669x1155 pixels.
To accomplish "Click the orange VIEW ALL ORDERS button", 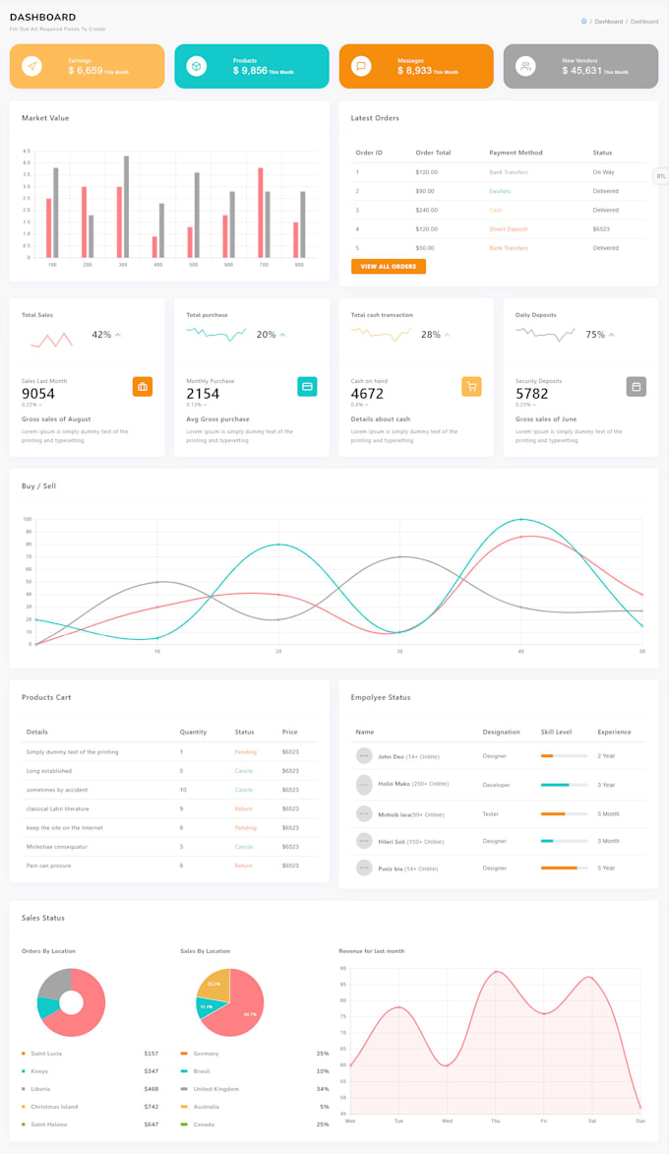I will [x=388, y=266].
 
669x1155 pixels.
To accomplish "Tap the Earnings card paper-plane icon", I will [x=31, y=66].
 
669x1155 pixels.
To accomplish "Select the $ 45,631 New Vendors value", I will [x=581, y=71].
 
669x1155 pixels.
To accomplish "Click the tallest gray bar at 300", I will [x=126, y=206].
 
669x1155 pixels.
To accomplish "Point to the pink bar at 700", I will [x=260, y=212].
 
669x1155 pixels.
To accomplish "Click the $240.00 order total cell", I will [x=426, y=210].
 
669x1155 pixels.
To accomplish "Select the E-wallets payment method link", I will [x=500, y=191].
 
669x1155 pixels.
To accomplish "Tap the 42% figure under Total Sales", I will [x=101, y=335].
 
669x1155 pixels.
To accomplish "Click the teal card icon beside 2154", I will [x=307, y=386].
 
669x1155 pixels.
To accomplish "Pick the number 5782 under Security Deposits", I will [x=532, y=394].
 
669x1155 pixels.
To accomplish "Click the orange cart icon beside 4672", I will [x=471, y=386].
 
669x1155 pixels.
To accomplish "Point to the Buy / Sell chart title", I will [x=38, y=485].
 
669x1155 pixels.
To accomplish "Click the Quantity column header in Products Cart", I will [x=193, y=732].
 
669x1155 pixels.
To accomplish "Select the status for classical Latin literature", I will [x=243, y=808].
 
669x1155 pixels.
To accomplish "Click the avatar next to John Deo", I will [x=364, y=756].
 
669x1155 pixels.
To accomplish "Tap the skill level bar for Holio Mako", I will [x=564, y=785].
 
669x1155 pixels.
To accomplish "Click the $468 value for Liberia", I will [x=151, y=1089].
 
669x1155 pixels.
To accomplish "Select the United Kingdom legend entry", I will [x=215, y=1089].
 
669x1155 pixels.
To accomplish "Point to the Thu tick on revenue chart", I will [x=496, y=1121].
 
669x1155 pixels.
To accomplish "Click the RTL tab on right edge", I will [x=661, y=176].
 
